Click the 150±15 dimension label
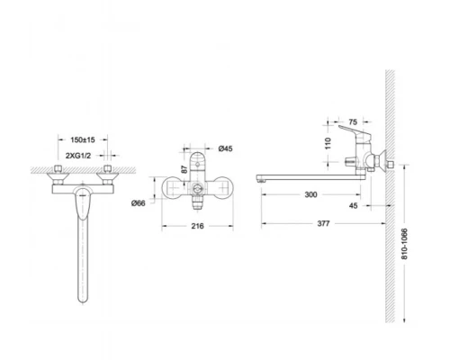click(x=83, y=139)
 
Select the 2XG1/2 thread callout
click(x=78, y=156)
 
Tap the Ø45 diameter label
click(x=225, y=148)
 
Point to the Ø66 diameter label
click(x=139, y=203)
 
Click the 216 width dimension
click(x=197, y=226)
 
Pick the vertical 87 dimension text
click(x=184, y=169)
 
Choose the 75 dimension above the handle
click(x=353, y=122)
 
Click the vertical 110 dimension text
click(x=328, y=143)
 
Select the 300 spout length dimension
click(x=310, y=194)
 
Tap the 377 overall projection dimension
click(x=323, y=223)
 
